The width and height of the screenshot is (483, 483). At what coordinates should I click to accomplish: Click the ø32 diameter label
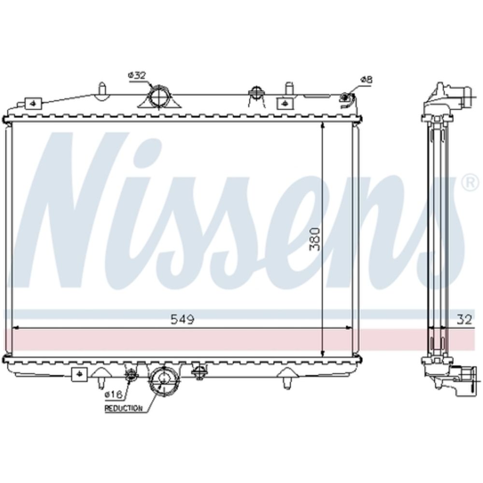[x=137, y=75]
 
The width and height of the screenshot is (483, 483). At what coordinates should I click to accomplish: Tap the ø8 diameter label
[x=366, y=80]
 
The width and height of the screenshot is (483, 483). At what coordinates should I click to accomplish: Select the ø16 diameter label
[x=114, y=394]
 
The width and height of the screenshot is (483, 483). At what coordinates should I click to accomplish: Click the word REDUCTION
[x=124, y=409]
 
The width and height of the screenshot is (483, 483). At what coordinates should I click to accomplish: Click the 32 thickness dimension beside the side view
[x=464, y=320]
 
